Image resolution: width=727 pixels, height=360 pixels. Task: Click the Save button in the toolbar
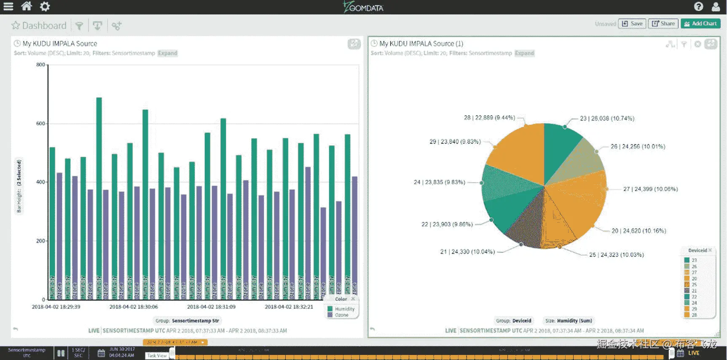click(x=632, y=24)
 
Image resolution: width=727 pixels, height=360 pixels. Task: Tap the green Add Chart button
click(x=700, y=24)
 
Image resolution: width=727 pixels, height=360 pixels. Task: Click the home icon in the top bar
click(x=27, y=6)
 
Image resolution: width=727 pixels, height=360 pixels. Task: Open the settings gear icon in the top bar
click(x=45, y=6)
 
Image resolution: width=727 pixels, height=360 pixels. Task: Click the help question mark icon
click(x=698, y=6)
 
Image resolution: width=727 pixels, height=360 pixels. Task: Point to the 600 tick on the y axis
click(x=40, y=124)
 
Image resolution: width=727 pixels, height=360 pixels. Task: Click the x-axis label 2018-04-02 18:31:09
click(x=211, y=307)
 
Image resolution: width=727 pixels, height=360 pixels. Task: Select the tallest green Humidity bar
click(x=99, y=190)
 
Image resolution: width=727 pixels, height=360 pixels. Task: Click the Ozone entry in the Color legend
click(x=341, y=315)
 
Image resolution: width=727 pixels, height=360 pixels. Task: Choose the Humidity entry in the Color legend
click(x=344, y=309)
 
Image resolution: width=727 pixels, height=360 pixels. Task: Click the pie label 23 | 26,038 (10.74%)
click(x=607, y=118)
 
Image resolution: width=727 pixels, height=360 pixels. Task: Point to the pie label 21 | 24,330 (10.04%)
click(x=467, y=252)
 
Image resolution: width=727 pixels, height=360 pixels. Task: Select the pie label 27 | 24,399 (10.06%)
click(x=650, y=189)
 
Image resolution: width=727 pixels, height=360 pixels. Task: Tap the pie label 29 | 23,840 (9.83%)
click(x=455, y=142)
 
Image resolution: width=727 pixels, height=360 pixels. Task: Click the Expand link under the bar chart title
click(x=167, y=53)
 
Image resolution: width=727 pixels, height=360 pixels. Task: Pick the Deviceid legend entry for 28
click(x=694, y=315)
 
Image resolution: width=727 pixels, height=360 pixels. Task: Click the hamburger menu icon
click(x=8, y=6)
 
